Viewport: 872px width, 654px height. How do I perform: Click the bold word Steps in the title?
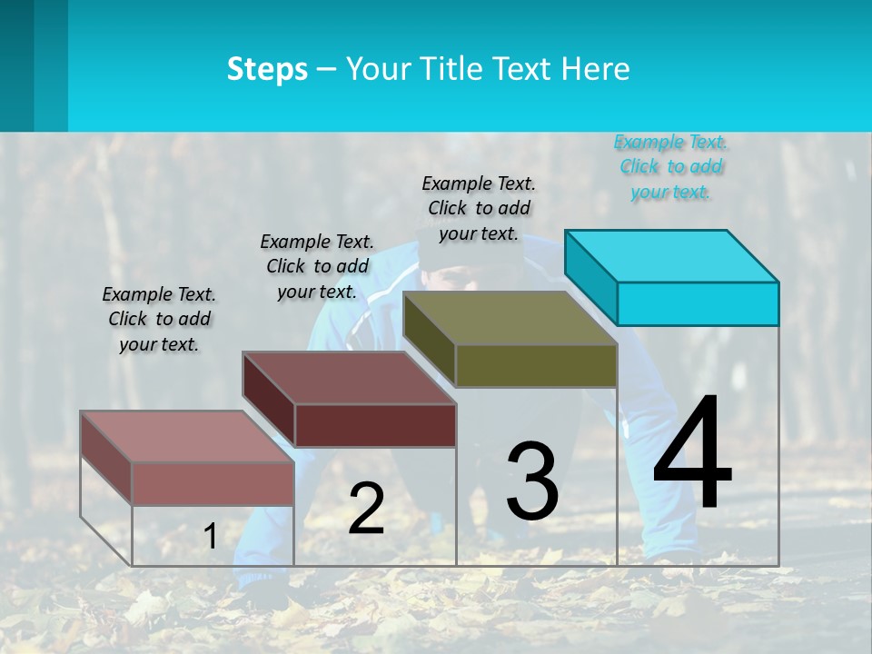click(267, 69)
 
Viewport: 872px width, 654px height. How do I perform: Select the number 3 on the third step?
click(532, 481)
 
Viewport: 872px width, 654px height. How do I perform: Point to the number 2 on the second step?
click(366, 509)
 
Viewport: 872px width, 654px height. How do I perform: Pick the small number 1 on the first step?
click(210, 537)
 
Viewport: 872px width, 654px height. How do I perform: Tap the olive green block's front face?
click(536, 365)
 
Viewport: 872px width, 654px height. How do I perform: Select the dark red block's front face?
click(375, 425)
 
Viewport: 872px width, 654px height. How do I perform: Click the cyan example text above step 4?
click(670, 167)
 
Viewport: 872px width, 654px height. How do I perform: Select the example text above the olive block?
click(479, 208)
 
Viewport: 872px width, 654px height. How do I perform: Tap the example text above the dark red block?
click(317, 266)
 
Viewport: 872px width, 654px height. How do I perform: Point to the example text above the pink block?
click(159, 319)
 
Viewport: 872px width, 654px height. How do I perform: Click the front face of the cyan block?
click(698, 303)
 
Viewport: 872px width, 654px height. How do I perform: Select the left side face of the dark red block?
click(268, 400)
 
